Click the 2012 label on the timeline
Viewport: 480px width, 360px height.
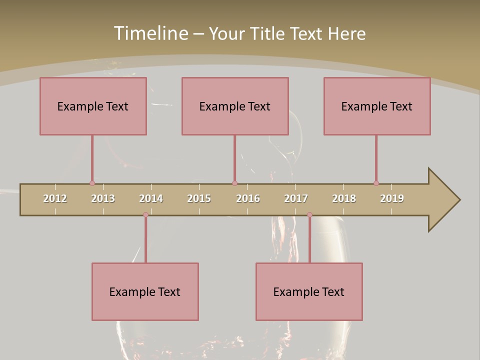[x=55, y=198]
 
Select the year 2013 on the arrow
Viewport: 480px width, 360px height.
[x=103, y=198]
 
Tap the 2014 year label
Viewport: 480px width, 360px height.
[x=151, y=198]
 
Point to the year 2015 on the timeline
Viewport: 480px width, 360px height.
[x=199, y=198]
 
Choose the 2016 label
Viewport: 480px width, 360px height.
[x=248, y=198]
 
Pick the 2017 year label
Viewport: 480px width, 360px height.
[x=296, y=198]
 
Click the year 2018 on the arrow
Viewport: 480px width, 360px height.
[x=344, y=198]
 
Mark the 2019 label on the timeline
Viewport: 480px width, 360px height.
[x=392, y=198]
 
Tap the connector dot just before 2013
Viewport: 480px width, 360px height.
[x=92, y=183]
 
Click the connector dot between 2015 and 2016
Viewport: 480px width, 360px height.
[x=234, y=183]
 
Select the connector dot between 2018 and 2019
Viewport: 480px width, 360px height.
[x=376, y=183]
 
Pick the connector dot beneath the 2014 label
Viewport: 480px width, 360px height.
[x=145, y=215]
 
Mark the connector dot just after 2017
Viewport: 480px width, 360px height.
[x=309, y=215]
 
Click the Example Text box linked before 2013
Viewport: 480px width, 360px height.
[x=93, y=106]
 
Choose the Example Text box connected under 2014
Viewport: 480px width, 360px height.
[x=145, y=291]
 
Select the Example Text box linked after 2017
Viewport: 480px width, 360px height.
[x=309, y=291]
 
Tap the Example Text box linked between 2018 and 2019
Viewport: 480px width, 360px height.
[x=377, y=106]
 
